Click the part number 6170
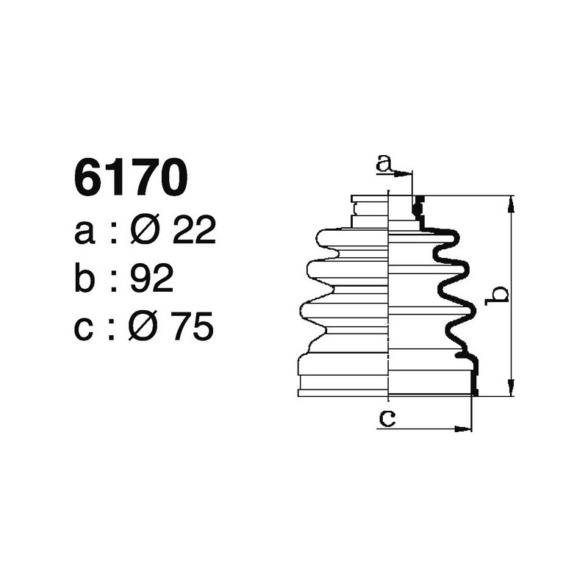click(131, 179)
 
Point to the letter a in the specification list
click(85, 234)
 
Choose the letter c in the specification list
click(85, 329)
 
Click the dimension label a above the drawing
click(383, 164)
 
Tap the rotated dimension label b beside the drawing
click(499, 295)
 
